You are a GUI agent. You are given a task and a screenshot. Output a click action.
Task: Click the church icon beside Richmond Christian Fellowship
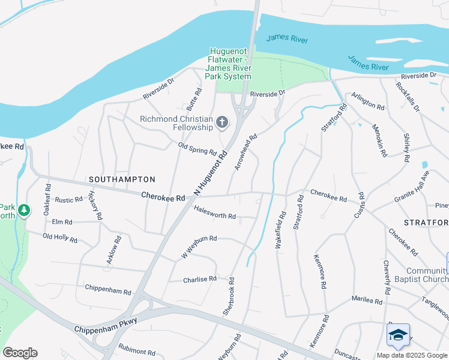coord(222,124)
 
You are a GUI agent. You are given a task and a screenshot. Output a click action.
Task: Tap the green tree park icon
coord(24,210)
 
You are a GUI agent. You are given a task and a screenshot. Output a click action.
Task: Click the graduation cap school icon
coord(398,335)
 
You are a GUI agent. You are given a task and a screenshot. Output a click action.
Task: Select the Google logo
coord(20,353)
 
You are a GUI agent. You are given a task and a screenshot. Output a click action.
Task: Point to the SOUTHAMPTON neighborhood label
coord(122,179)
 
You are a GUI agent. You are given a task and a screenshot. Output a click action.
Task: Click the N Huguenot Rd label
coord(211,173)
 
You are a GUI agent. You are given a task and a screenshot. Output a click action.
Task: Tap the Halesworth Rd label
coord(215,212)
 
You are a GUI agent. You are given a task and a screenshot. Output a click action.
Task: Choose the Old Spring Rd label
coord(197,148)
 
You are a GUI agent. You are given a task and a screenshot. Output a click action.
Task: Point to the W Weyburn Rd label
coord(199,248)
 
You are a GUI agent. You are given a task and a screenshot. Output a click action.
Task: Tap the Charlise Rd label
coord(199,279)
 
